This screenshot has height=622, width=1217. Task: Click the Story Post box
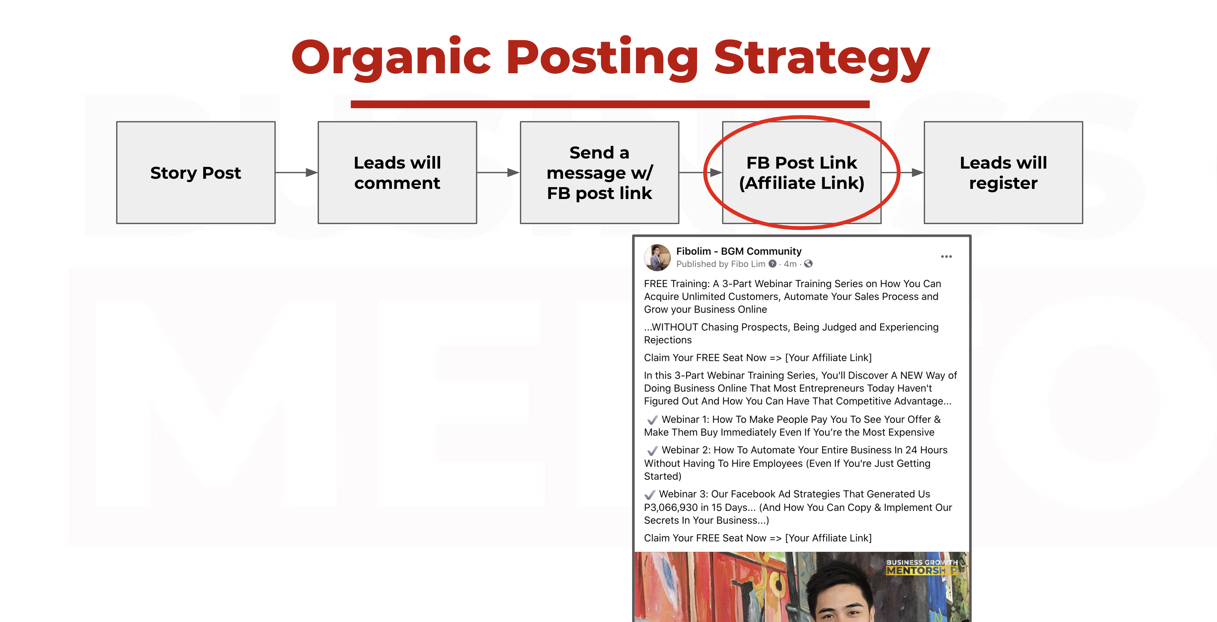coord(195,172)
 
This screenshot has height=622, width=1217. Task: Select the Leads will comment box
coord(397,172)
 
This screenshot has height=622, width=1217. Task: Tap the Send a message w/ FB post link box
coord(600,172)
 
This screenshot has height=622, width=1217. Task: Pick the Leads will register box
coord(1003,172)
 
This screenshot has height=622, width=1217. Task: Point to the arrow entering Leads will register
coord(902,172)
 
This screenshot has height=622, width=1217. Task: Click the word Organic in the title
coord(392,58)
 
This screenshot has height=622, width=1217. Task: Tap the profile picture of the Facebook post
coord(657,257)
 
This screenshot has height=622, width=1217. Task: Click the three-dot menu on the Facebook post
coord(946,256)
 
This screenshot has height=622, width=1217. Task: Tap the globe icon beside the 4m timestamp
coord(808,264)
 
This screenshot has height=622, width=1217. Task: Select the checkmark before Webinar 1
coord(652,419)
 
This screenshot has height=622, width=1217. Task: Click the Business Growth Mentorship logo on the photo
coord(922,567)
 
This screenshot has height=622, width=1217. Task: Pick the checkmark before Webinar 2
coord(652,450)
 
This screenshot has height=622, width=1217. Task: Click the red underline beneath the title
coord(610,104)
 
